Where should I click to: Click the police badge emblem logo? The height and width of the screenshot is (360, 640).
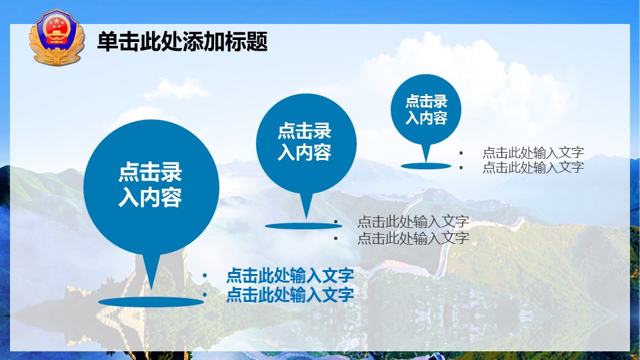[57, 37]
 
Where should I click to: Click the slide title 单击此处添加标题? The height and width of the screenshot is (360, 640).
[183, 41]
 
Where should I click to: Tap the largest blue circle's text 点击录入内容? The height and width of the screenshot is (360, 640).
[150, 185]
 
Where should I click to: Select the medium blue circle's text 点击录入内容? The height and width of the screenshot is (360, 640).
[305, 141]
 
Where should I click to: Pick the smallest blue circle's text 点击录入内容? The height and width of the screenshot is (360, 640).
[426, 109]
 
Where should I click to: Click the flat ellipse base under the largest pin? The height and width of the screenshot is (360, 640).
[151, 302]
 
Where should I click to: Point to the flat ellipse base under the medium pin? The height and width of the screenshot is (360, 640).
[304, 226]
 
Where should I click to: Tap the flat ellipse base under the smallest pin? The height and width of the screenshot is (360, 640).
[426, 166]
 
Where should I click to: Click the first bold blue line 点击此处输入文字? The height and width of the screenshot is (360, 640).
[290, 275]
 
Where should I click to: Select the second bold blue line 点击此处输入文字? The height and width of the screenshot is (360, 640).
[290, 294]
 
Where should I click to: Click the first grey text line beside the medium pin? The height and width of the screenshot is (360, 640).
[413, 221]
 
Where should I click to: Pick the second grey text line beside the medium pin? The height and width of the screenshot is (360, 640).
[413, 237]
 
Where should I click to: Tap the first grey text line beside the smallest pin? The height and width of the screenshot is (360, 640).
[533, 153]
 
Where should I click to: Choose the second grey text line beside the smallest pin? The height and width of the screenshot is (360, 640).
[533, 167]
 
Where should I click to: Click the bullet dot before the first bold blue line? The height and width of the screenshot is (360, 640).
[205, 276]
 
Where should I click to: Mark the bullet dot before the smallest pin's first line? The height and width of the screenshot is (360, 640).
[461, 153]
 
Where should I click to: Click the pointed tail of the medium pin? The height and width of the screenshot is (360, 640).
[307, 219]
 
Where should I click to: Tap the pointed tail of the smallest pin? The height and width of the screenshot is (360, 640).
[426, 161]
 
